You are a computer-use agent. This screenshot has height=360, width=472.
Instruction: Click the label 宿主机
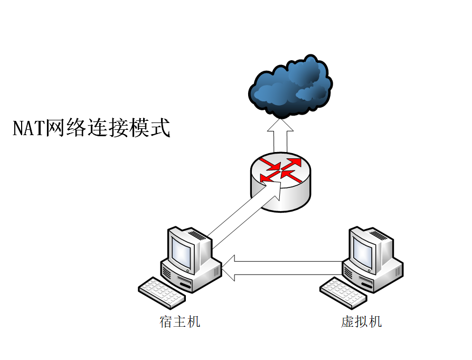coord(180,321)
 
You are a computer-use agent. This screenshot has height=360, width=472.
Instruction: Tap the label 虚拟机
coord(362,321)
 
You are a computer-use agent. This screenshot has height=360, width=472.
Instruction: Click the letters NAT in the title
coord(29,128)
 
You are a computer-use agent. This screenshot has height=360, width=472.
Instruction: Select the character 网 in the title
coord(55,128)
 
